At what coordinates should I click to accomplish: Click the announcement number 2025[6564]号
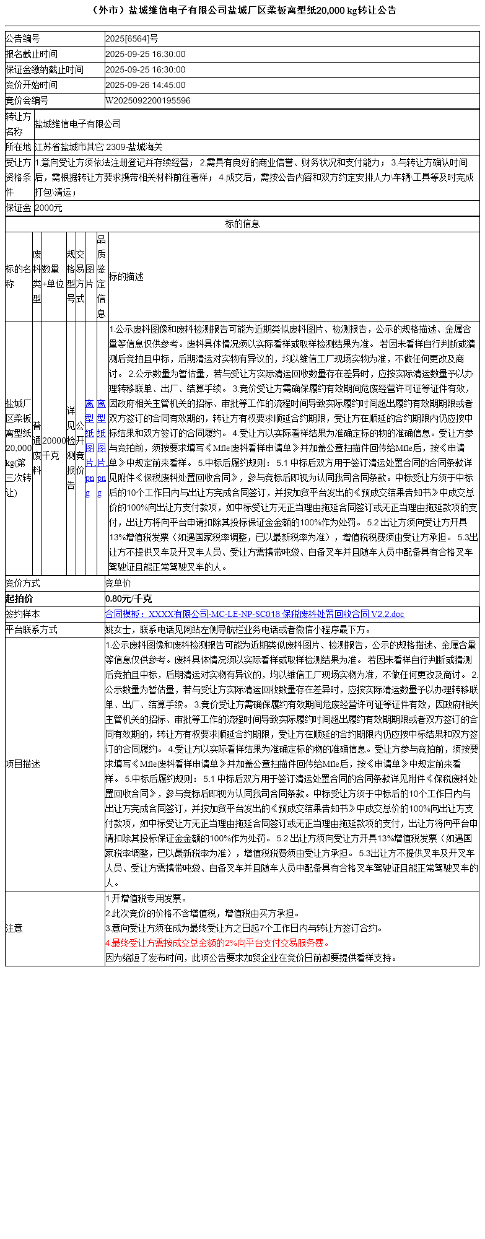point(131,38)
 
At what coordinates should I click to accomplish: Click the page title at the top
point(243,11)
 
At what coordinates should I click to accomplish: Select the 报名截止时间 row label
point(32,54)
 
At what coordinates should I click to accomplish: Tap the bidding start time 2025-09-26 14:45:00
point(145,85)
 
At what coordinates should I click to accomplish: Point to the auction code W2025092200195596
point(148,100)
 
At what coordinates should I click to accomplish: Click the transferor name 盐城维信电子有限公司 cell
point(78,124)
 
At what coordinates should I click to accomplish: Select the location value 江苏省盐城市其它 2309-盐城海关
point(98,147)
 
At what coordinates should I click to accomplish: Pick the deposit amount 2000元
point(49,208)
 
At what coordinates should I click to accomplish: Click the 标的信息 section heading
point(242,224)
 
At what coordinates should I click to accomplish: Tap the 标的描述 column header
point(126,276)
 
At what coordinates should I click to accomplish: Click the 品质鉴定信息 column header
point(102,276)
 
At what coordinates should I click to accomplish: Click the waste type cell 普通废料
point(37,447)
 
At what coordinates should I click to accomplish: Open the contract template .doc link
point(255,614)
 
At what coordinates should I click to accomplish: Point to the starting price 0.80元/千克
point(128,598)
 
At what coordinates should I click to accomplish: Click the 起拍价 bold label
point(19,598)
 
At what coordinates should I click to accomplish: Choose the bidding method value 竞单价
point(118,583)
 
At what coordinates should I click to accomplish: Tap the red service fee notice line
point(217,943)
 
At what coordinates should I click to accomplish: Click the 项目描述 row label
point(23,764)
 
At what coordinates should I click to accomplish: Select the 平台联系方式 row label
point(32,629)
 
